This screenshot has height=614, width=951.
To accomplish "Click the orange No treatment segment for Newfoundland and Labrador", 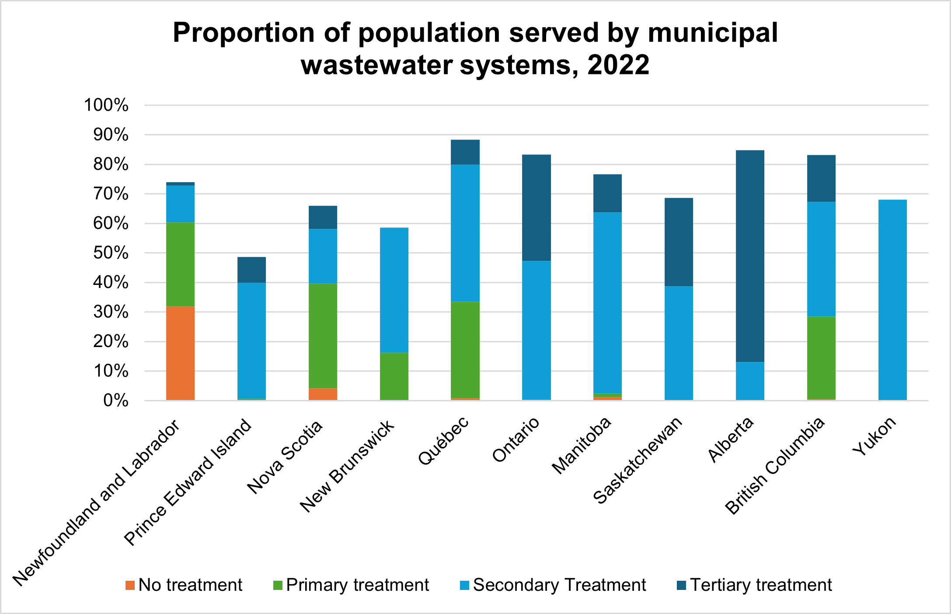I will [180, 353].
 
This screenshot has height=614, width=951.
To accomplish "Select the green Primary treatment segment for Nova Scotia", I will [323, 336].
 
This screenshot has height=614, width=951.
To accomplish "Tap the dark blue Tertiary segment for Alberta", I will [750, 256].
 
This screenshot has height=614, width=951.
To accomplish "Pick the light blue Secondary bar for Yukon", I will [892, 300].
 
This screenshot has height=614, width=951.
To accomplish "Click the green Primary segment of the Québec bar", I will [465, 350].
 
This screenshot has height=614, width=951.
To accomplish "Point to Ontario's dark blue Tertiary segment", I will [536, 208].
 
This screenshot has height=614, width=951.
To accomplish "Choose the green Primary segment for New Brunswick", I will [394, 376].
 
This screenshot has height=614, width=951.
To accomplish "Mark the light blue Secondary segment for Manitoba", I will [607, 303].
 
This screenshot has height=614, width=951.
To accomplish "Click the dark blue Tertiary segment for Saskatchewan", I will [679, 242].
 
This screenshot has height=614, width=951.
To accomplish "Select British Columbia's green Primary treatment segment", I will [821, 358].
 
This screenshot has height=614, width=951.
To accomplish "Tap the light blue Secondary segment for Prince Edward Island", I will [251, 340].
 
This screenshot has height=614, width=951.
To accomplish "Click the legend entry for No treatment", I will [184, 585].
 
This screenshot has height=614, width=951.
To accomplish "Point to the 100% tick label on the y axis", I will [106, 105].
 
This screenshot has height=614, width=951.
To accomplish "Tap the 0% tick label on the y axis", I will [116, 400].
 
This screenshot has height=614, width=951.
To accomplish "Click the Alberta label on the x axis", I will [731, 439].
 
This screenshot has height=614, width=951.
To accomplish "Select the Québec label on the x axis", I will [443, 440].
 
